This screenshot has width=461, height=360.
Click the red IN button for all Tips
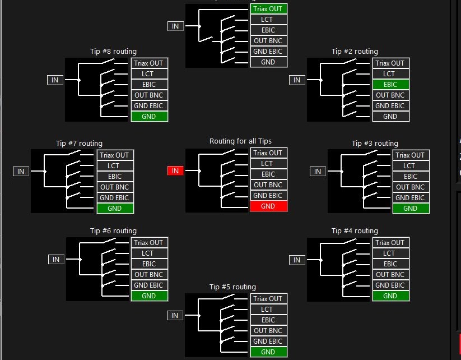pos(175,170)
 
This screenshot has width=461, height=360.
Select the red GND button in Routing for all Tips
pos(268,206)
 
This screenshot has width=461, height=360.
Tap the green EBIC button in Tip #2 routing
pos(391,85)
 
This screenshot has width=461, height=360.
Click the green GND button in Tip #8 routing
pos(150,117)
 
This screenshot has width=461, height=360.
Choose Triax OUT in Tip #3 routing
pos(411,155)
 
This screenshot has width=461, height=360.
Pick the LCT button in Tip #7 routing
pos(115,166)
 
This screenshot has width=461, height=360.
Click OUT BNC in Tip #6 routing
pos(150,274)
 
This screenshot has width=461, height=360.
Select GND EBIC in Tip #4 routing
pos(391,285)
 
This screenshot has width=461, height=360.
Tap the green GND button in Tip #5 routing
pos(268,352)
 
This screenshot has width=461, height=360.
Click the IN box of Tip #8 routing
pos(55,80)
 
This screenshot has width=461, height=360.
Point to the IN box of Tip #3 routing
pos(318,172)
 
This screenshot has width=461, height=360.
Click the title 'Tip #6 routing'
pos(114,231)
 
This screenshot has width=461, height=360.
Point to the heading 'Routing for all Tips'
pos(240,141)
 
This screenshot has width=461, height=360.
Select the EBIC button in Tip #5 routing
pos(268,320)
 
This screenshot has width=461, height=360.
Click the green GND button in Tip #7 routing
pos(115,209)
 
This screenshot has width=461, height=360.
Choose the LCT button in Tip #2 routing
pos(391,74)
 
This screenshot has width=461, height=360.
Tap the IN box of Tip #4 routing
pos(297,260)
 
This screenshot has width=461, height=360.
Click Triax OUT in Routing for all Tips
pos(268,153)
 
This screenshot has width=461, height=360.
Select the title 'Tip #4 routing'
pos(355,231)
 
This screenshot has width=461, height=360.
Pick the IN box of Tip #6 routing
pos(56,259)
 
